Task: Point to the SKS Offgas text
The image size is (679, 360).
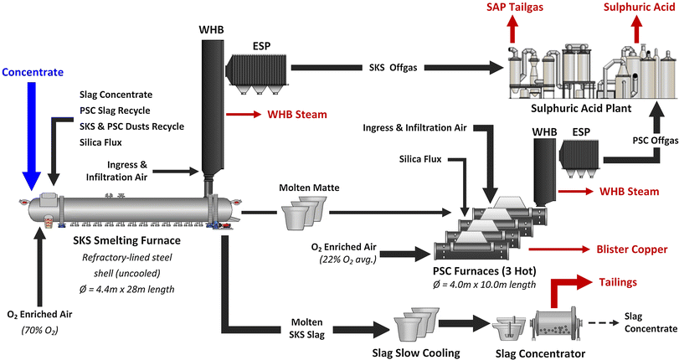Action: [x=403, y=68]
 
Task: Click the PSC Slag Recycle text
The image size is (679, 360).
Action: [x=121, y=111]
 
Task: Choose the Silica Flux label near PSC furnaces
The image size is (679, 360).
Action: [x=423, y=158]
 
